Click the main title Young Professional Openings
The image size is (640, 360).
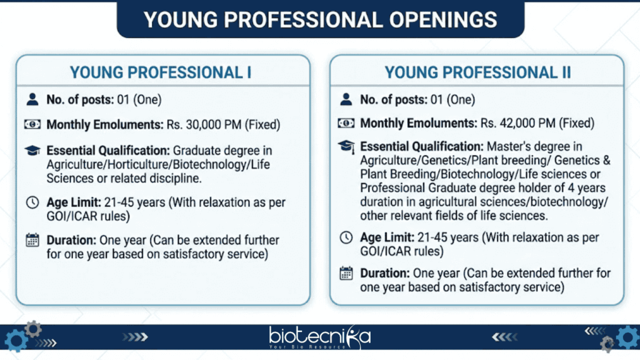320,19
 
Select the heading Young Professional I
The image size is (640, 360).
161,72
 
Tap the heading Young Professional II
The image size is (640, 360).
477,72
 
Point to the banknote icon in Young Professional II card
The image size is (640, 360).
346,124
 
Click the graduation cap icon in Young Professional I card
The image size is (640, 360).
32,151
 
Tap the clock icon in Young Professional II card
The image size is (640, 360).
346,238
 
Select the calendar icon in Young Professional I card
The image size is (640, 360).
32,241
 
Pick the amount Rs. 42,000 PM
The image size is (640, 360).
522,124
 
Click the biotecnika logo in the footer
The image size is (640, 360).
320,338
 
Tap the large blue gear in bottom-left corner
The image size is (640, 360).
14,341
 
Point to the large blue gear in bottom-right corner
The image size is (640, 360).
627,337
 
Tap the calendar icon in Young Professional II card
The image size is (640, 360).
346,274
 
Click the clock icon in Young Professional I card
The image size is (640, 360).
32,203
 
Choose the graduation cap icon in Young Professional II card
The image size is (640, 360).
346,147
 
